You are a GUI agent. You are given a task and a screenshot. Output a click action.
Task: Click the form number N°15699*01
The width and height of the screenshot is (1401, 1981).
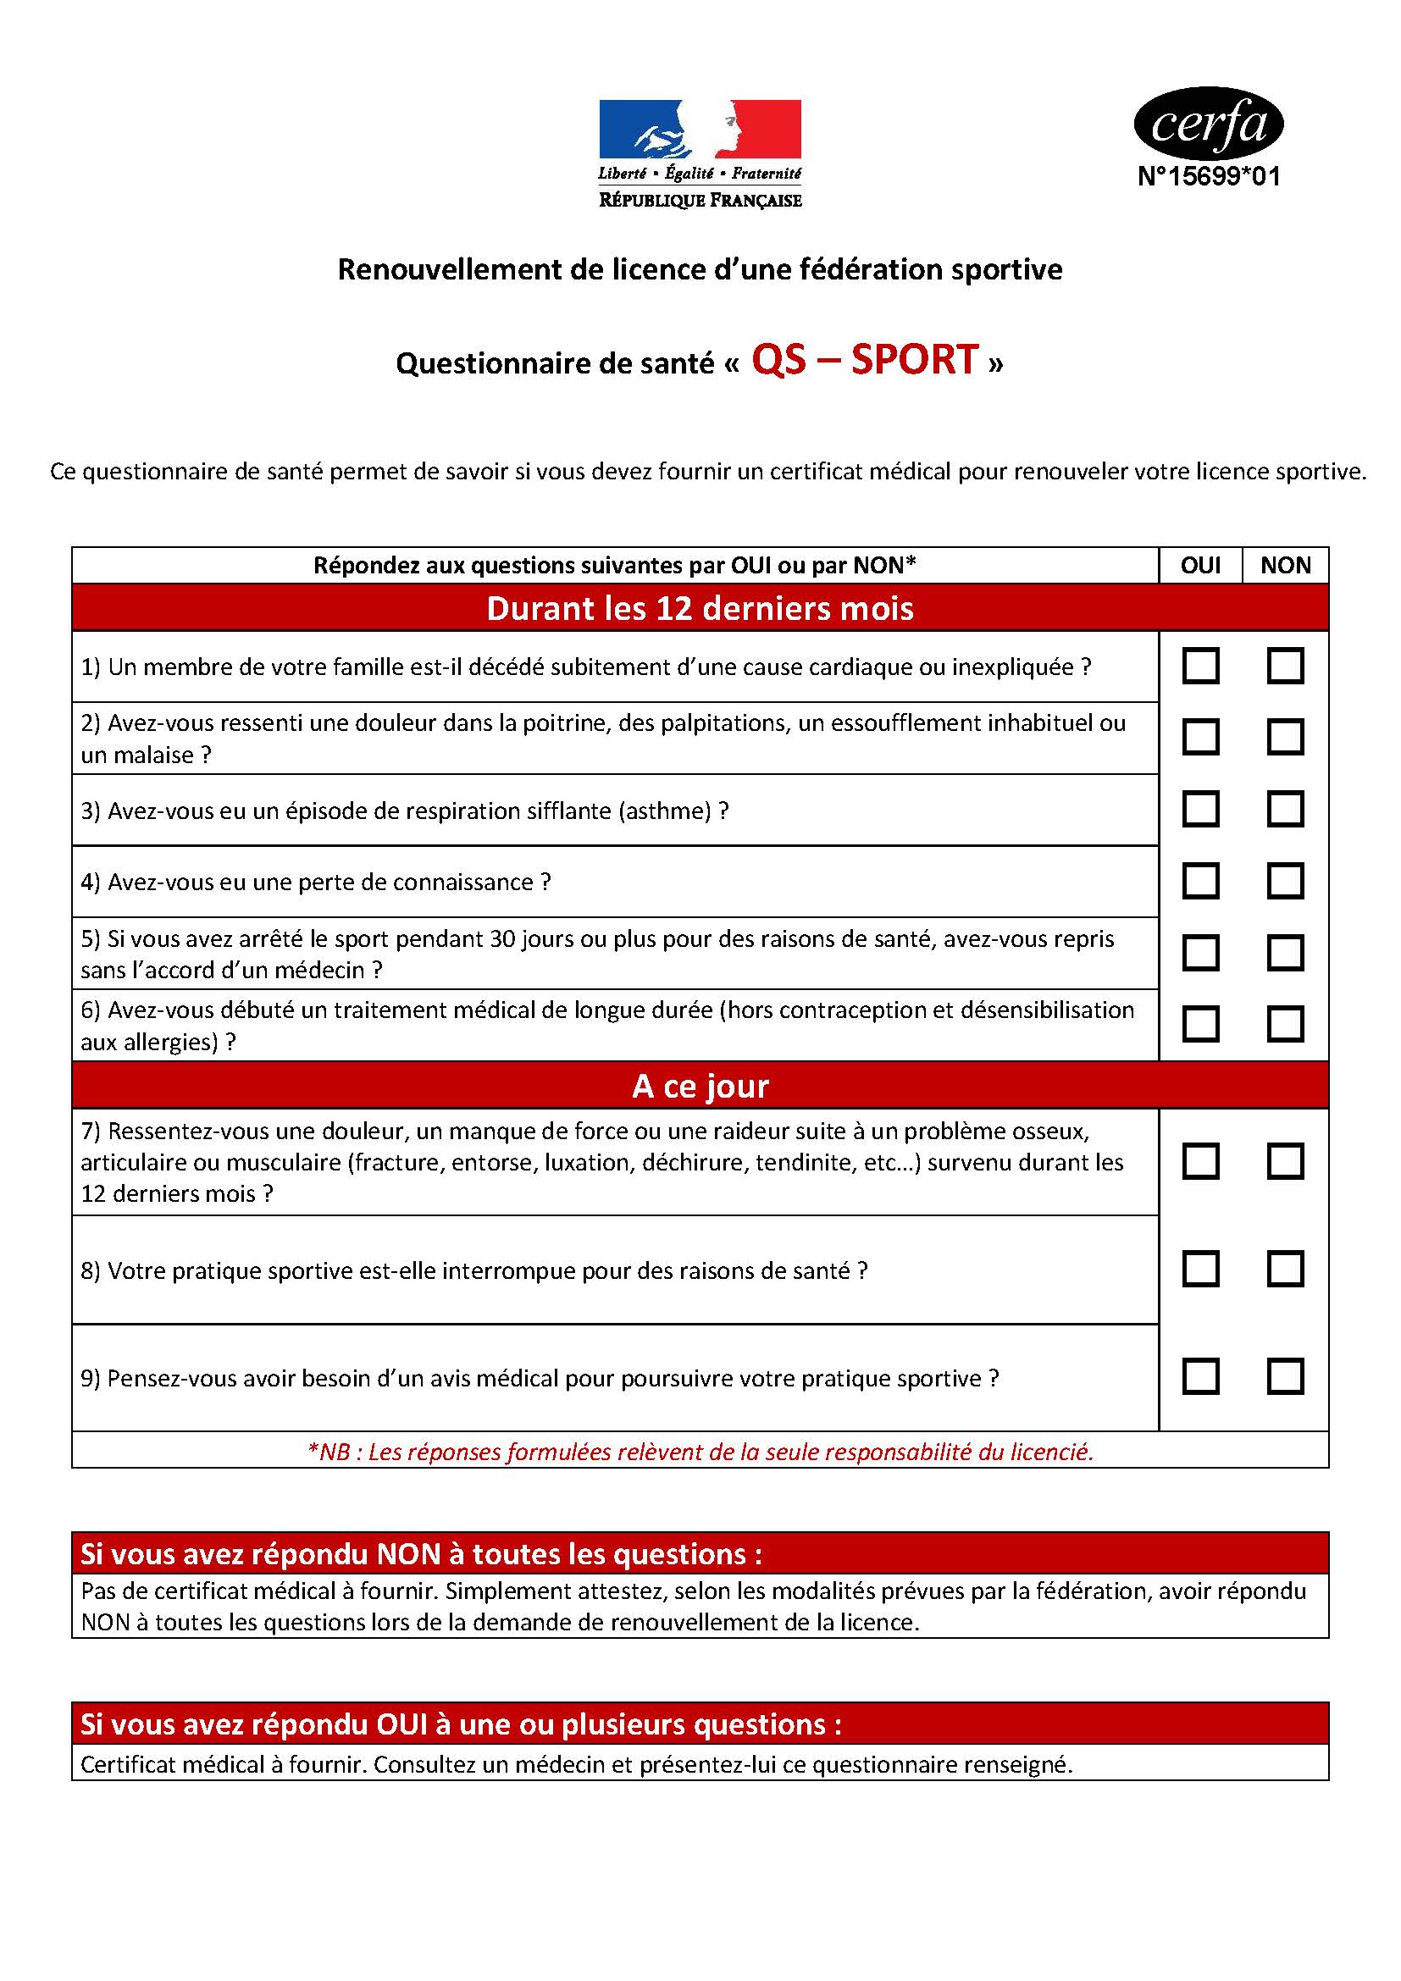coord(1209,177)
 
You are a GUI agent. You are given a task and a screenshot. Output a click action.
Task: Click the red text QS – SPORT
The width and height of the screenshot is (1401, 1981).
coord(865,360)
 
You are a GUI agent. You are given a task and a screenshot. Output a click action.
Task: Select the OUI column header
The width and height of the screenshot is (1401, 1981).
coord(1200,565)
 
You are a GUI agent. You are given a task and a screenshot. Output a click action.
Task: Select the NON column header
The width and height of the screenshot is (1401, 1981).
coord(1285,565)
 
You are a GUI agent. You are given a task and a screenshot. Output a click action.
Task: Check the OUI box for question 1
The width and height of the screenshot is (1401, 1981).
coord(1200,666)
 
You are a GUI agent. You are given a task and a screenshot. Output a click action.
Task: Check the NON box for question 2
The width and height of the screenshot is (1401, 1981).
coord(1285,738)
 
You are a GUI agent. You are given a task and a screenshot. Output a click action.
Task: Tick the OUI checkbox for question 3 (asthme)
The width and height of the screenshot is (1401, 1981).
coord(1200,810)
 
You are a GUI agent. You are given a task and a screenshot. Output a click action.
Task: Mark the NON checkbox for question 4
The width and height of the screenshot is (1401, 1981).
coord(1285,881)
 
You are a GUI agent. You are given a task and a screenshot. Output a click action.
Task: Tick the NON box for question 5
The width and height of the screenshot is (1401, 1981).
coord(1285,953)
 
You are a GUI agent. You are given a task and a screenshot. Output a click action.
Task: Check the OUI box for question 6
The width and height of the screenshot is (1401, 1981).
coord(1200,1024)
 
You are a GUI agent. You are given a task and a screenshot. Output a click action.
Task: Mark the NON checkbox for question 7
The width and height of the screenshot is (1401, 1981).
coord(1285,1161)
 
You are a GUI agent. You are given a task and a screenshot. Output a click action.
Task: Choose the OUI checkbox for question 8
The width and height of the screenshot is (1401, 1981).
coord(1200,1270)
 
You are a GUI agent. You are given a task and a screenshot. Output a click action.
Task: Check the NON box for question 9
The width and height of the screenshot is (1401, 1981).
coord(1285,1376)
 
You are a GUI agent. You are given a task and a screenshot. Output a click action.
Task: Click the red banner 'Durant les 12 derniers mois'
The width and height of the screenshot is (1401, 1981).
coord(700,608)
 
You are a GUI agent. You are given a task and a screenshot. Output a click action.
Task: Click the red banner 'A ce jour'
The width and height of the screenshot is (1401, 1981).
coord(700,1086)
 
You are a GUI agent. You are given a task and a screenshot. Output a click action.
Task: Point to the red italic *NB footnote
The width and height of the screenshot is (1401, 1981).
coord(700,1453)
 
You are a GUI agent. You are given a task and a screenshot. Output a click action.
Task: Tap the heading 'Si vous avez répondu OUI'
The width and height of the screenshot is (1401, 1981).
coord(461,1724)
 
